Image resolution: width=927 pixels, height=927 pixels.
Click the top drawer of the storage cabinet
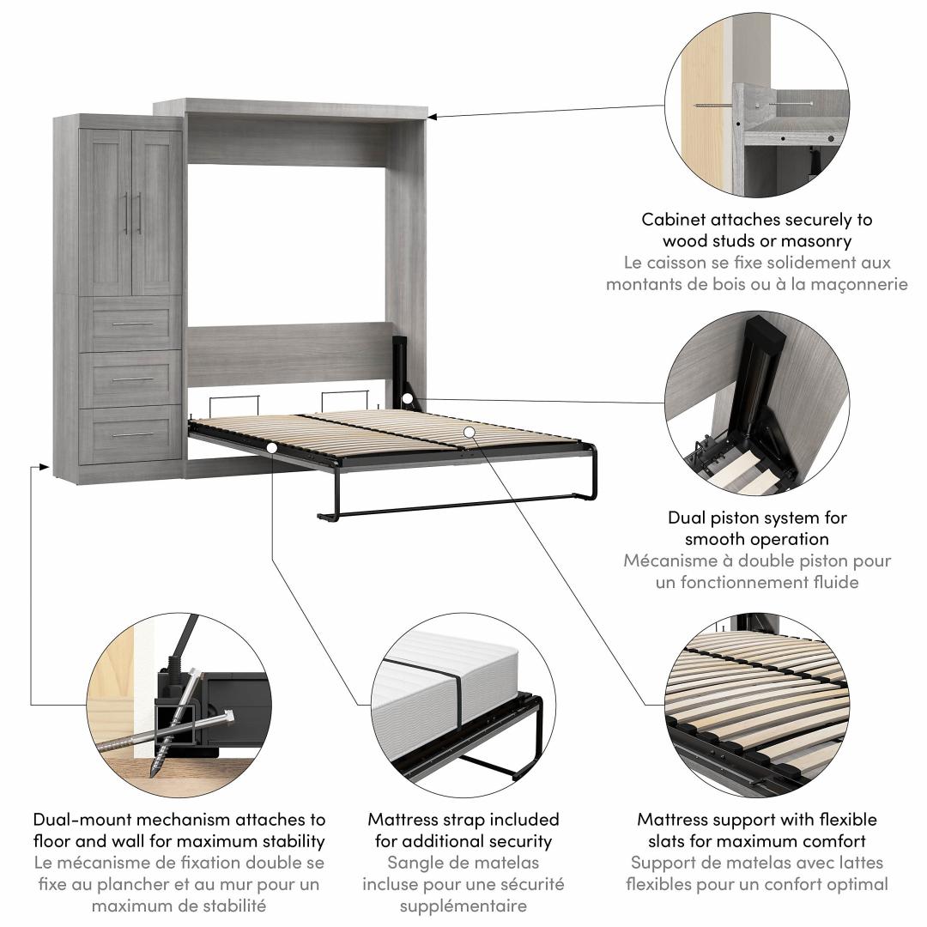tap(130, 324)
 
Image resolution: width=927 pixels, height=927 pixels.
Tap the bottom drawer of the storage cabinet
tap(130, 434)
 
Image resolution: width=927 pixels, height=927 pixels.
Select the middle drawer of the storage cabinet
tap(130, 379)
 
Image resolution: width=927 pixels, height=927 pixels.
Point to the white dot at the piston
tap(407, 398)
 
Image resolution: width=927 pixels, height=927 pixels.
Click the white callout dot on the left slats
tap(271, 447)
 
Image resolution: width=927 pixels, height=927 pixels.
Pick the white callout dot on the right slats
tap(469, 431)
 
